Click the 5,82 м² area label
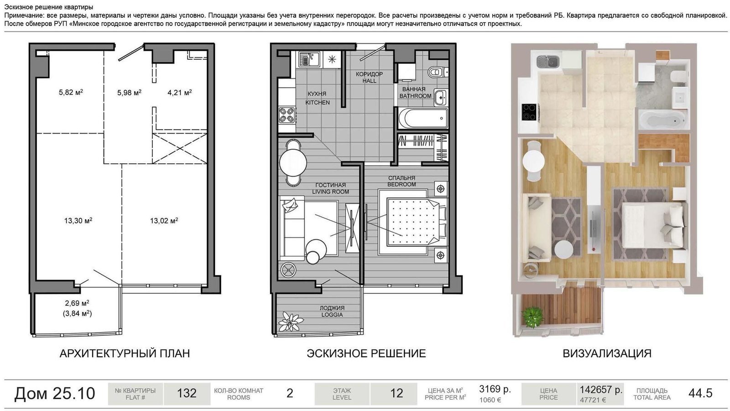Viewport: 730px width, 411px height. point(71,92)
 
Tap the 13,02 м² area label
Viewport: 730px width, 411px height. point(164,221)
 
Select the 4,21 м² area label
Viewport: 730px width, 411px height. point(180,93)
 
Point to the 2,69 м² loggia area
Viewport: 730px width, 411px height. point(77,303)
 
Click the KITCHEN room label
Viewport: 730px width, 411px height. point(318,102)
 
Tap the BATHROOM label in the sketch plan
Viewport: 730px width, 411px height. point(416,96)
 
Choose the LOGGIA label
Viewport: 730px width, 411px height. point(332,315)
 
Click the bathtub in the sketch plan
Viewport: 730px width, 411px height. point(423,118)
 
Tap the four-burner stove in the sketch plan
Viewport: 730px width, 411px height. point(287,115)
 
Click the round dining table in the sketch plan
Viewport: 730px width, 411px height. point(293,162)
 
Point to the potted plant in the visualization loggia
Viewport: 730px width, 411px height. point(533,317)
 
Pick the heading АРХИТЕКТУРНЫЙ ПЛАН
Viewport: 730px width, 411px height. point(125,354)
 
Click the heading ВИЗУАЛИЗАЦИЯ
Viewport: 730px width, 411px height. point(607,354)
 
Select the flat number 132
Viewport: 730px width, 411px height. point(187,393)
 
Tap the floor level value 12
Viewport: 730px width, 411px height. point(396,393)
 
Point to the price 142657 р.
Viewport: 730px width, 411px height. point(601,389)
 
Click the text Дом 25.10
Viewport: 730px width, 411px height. point(54,393)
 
